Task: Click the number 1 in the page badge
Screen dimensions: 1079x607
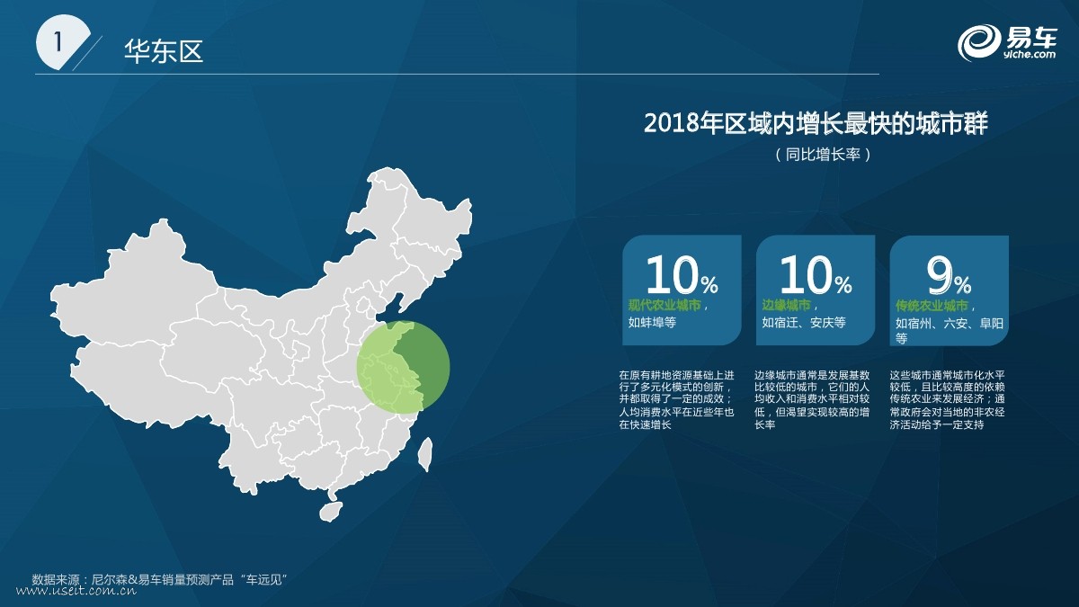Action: tap(58, 42)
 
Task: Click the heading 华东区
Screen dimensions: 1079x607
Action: tap(164, 50)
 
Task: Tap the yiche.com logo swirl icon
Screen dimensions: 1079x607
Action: tap(979, 43)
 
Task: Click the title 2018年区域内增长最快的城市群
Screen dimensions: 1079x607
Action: tap(816, 123)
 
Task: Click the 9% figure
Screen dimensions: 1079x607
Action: tap(949, 275)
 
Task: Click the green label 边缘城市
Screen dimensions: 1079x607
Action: tap(786, 305)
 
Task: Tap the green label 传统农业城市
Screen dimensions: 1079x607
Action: tap(932, 306)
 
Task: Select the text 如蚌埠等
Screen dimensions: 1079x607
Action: tap(652, 322)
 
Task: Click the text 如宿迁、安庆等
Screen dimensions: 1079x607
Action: tap(804, 322)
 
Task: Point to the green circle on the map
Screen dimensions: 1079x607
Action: tap(403, 367)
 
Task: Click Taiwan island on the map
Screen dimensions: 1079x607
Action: tap(424, 454)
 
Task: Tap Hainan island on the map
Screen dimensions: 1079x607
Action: tap(331, 511)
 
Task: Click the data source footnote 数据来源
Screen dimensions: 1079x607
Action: tap(160, 579)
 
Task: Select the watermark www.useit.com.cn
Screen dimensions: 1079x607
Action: tap(76, 591)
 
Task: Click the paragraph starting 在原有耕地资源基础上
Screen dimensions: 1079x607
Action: tap(676, 400)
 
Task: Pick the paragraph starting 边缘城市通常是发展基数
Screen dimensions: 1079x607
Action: tap(812, 400)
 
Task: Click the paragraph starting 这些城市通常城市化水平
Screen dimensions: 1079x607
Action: tap(947, 400)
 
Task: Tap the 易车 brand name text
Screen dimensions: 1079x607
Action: tap(1031, 37)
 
